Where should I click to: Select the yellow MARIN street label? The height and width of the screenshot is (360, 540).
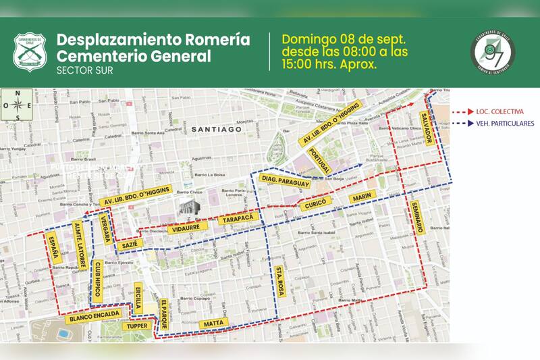tap(362, 197)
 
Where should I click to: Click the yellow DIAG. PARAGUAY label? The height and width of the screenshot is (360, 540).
tap(284, 181)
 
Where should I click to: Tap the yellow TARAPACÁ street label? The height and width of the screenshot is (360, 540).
tap(239, 220)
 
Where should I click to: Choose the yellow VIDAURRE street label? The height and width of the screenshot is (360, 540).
tap(186, 229)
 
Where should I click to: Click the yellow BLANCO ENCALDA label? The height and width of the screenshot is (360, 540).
tap(94, 315)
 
